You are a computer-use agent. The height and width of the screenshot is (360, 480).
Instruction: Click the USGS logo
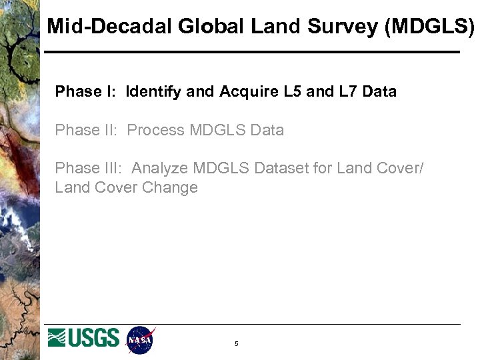[x=83, y=338]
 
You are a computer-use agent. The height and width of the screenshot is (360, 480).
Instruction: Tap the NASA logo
[x=141, y=340]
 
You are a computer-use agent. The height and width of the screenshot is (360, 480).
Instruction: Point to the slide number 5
[x=236, y=344]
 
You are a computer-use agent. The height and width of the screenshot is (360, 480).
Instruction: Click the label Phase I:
[x=85, y=91]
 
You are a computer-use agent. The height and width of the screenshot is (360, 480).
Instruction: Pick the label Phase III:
[x=89, y=169]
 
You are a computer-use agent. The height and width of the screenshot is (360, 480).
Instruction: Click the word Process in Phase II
[x=155, y=130]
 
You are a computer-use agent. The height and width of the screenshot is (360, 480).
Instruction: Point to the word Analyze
[x=161, y=169]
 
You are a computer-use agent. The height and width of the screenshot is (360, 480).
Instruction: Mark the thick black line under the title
[x=252, y=52]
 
